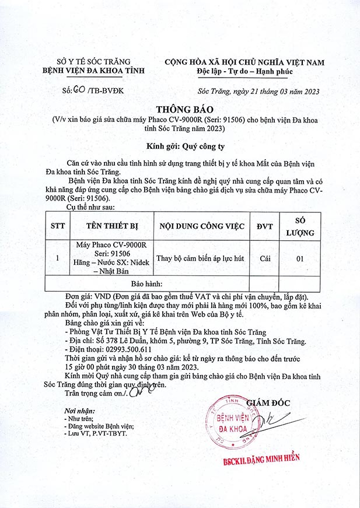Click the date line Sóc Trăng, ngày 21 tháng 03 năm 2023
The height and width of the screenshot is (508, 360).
pos(258,92)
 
